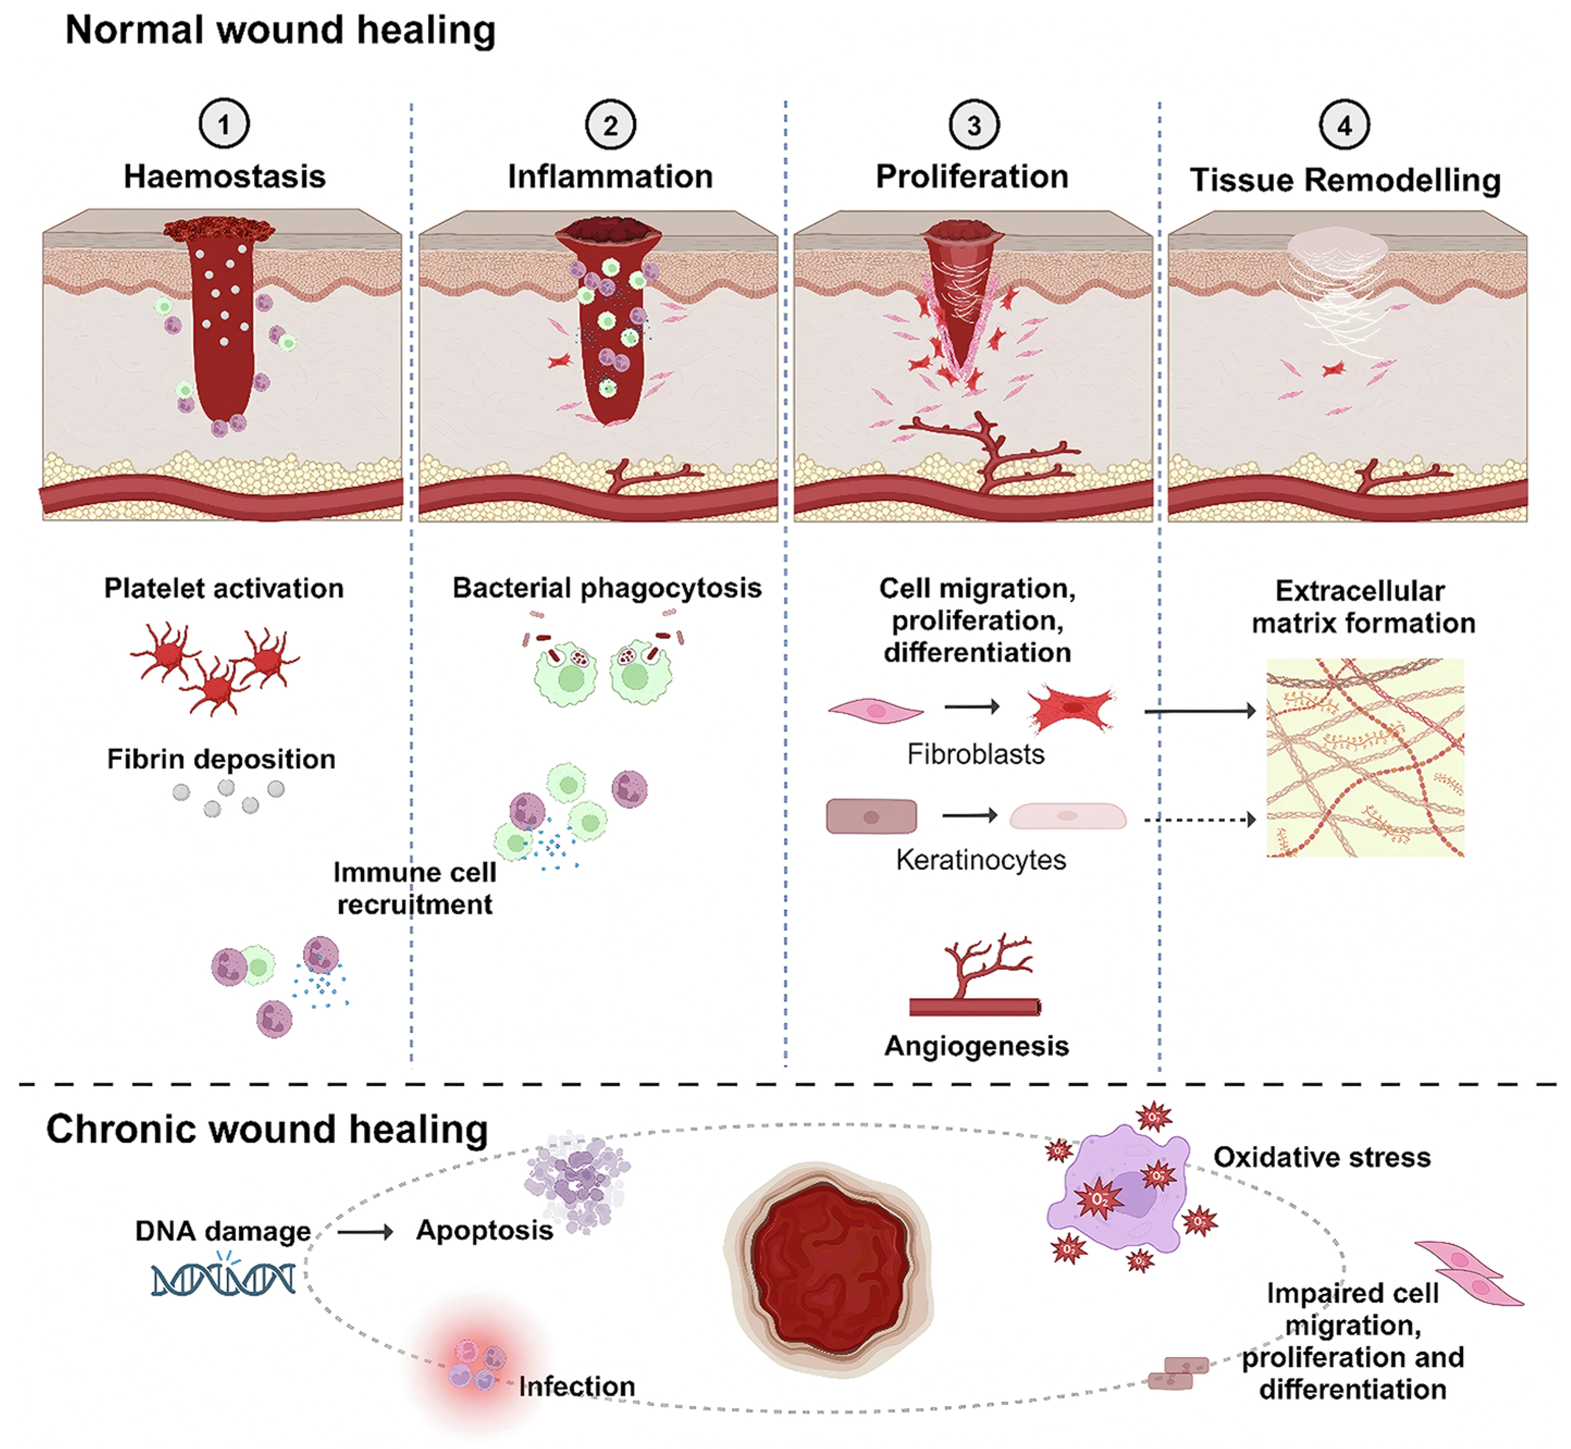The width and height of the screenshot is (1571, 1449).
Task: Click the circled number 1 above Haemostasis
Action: coord(224,124)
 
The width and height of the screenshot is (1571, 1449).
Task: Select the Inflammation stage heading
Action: coord(610,176)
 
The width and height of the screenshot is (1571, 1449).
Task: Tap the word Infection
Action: coord(577,1386)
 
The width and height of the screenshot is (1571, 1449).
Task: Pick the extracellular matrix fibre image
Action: coord(1365,758)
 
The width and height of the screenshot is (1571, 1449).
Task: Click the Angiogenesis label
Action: coord(976,1046)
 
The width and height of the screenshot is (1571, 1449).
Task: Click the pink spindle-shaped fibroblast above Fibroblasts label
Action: coord(875,710)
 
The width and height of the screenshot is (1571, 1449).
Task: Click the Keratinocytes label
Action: coord(980,860)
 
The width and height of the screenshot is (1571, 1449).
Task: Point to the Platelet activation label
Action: coord(224,588)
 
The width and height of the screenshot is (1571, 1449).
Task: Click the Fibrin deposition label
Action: coord(221,759)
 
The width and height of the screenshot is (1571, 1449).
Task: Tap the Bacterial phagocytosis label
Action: coord(607,588)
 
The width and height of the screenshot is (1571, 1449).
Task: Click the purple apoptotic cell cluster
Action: coord(577,1181)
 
